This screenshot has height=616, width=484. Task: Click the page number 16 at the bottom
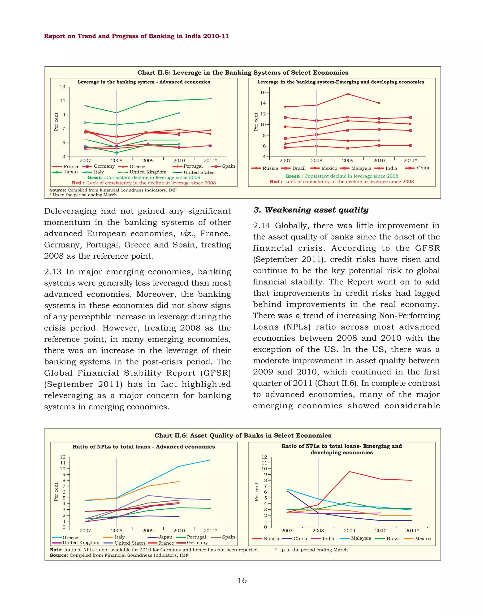click(x=242, y=580)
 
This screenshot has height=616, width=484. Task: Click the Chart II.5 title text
click(x=242, y=73)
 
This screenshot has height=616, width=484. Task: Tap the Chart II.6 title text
click(x=242, y=435)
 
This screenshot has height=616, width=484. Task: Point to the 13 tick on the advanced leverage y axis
click(x=62, y=87)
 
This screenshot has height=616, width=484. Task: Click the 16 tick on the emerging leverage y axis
click(x=263, y=92)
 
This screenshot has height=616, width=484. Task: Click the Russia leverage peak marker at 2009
click(x=348, y=94)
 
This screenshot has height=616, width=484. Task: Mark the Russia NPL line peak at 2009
click(x=349, y=472)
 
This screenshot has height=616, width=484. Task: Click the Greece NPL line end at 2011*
click(x=210, y=460)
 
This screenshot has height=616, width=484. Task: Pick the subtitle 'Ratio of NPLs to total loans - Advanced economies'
click(x=144, y=447)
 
